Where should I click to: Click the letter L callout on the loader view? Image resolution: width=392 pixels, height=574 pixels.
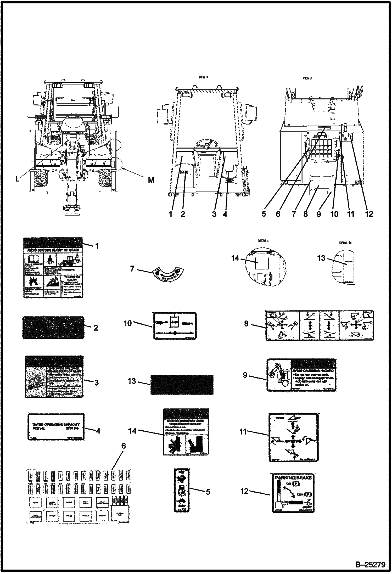(17, 179)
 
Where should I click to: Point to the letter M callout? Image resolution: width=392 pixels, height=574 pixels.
(151, 180)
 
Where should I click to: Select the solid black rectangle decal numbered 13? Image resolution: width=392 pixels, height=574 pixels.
(182, 385)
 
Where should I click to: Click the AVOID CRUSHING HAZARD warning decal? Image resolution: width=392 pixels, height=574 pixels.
(301, 375)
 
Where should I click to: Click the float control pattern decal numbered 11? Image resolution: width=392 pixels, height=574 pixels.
(293, 437)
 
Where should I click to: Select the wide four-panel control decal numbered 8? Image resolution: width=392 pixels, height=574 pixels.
(320, 326)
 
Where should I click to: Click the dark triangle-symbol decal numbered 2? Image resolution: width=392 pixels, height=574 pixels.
(53, 328)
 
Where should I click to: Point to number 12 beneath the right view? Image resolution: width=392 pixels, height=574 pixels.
(369, 214)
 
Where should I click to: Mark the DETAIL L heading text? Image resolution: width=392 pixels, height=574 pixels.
(263, 241)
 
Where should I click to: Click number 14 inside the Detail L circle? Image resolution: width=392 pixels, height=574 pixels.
(235, 258)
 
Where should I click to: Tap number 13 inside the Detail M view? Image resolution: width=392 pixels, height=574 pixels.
(321, 258)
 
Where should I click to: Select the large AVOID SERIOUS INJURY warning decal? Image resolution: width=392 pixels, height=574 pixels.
(53, 268)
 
